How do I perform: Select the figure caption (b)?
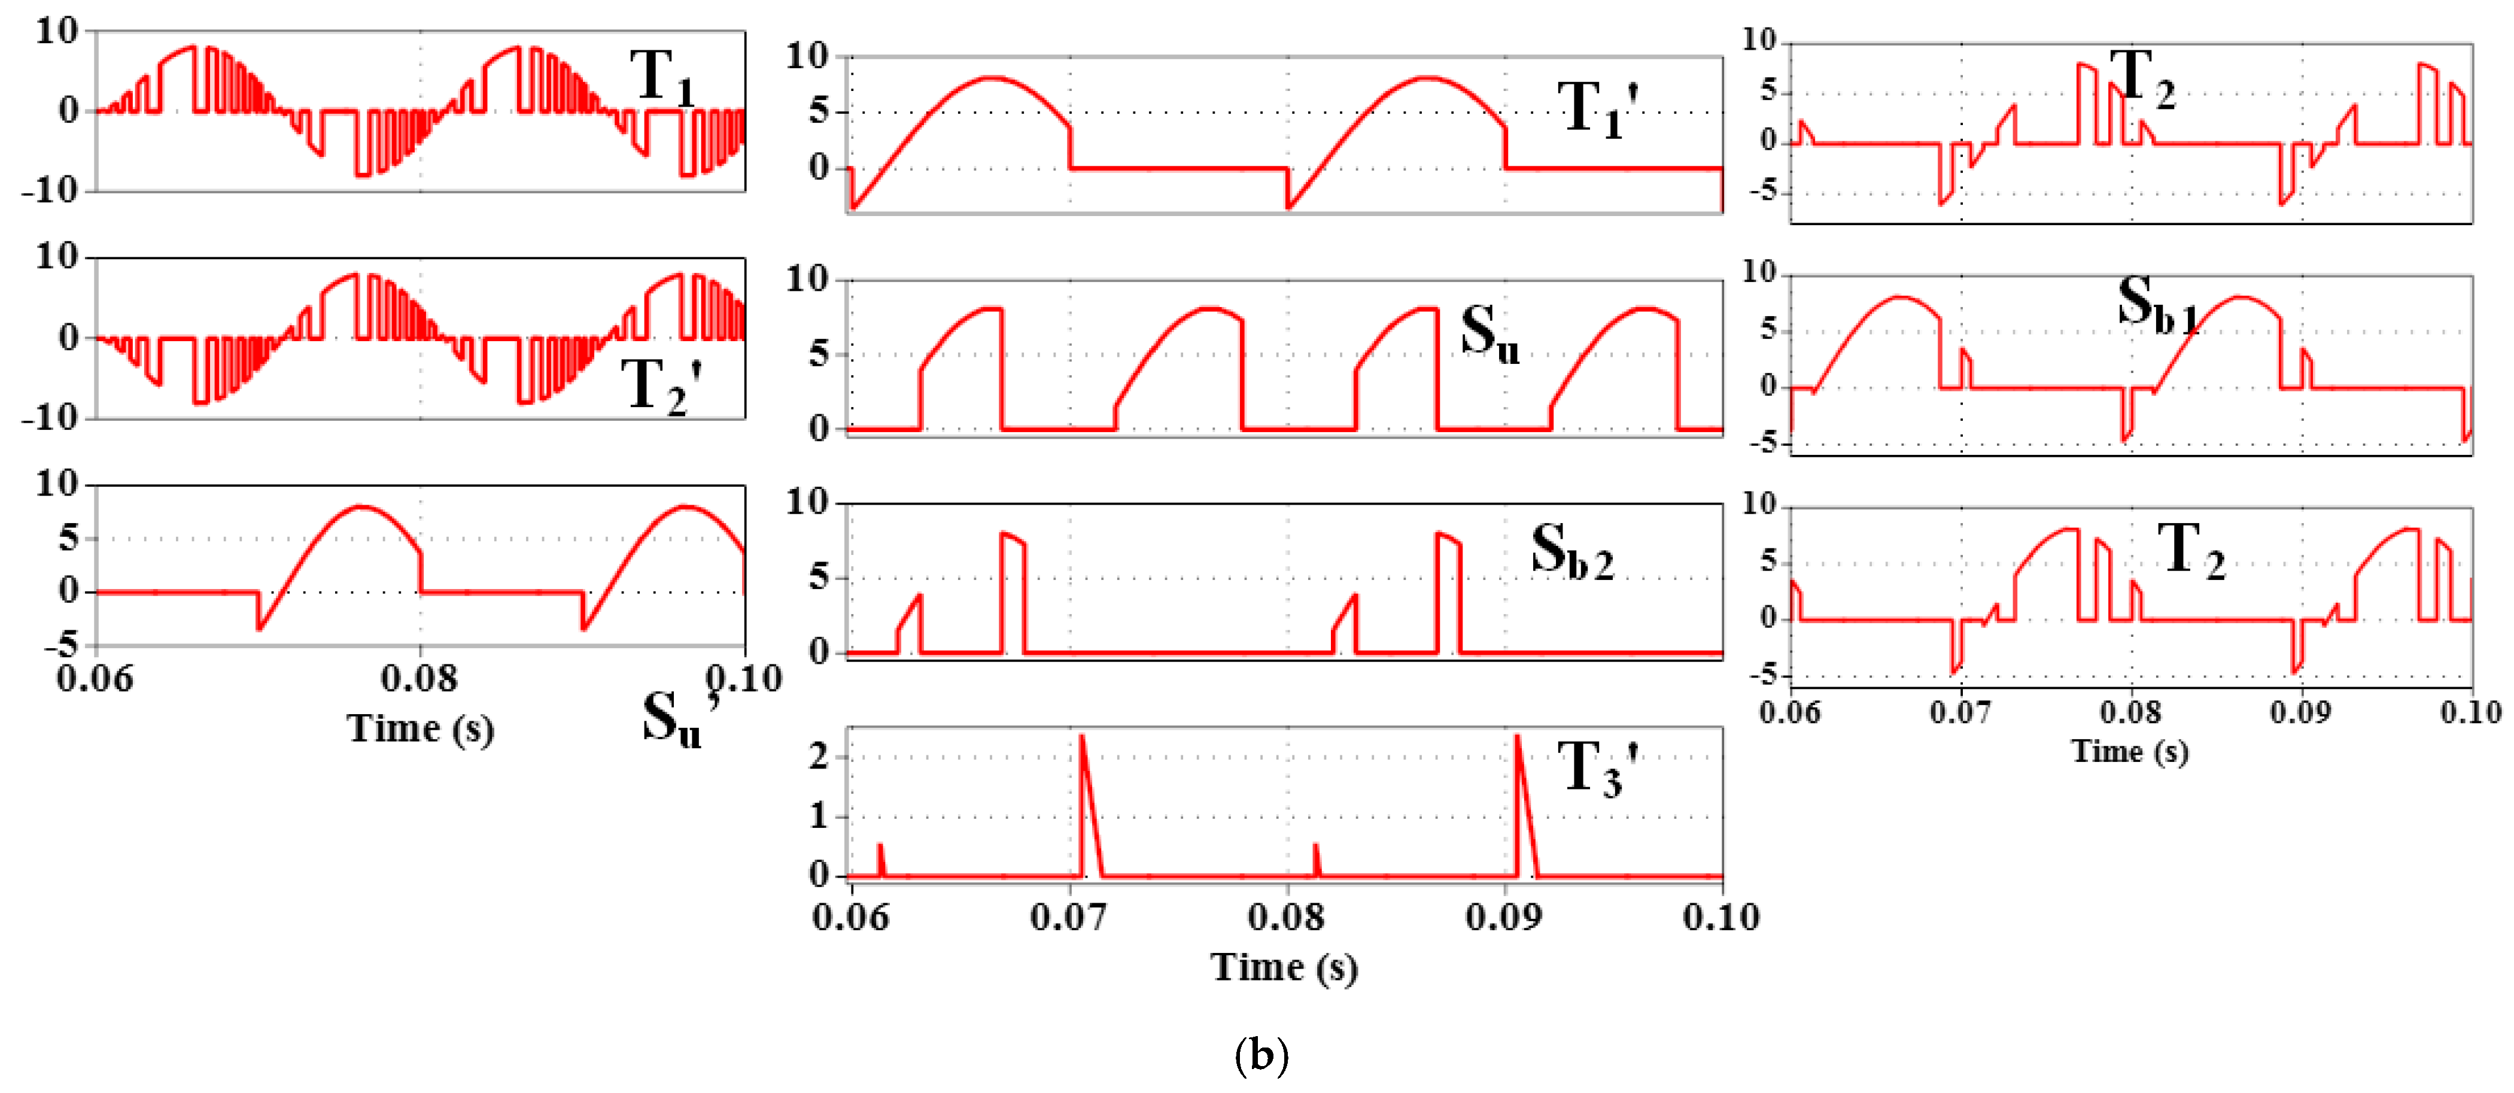[x=1261, y=1055]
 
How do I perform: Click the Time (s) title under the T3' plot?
[x=1284, y=967]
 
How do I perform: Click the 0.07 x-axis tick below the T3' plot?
[x=1069, y=918]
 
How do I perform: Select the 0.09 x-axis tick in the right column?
[x=2301, y=712]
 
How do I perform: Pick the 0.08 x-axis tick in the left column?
[x=419, y=678]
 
